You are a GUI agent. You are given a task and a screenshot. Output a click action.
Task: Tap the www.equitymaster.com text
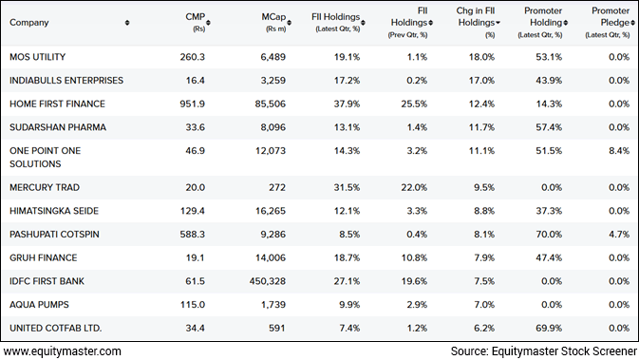pos(62,351)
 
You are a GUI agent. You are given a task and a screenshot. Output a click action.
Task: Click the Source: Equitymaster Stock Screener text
pos(542,351)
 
